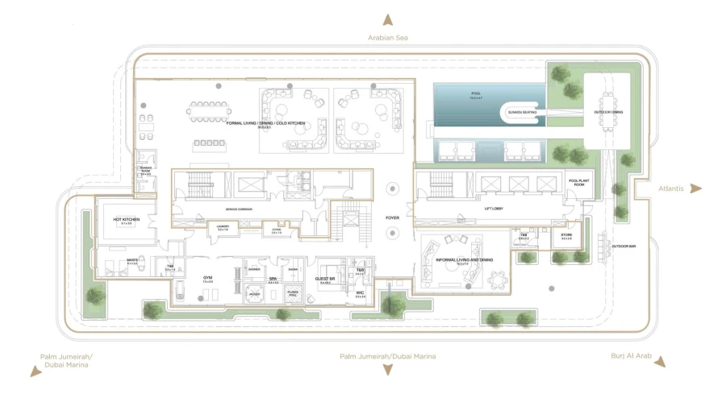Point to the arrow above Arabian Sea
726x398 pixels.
[x=388, y=20]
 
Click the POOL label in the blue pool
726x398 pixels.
[x=476, y=94]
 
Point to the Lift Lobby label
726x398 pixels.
[x=494, y=209]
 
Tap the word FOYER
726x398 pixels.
[x=392, y=216]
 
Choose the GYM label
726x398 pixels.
[x=207, y=278]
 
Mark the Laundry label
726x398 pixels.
[x=223, y=228]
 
